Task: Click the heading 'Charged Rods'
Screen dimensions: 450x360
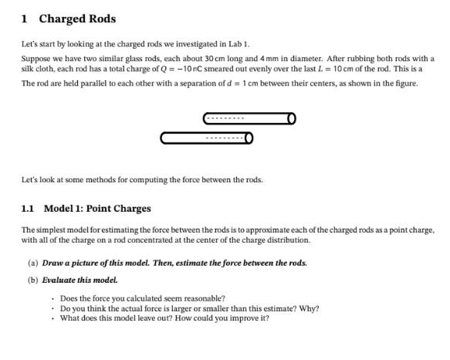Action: coord(77,19)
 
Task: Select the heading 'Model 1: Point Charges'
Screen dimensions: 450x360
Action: coord(97,209)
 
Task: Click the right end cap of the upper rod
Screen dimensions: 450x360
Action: coord(291,118)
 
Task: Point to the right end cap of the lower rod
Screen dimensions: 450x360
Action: coord(249,138)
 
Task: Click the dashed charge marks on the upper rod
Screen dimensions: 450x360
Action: coord(225,118)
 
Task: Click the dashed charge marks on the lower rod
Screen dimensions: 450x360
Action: coord(225,138)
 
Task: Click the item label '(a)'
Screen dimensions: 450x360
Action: coord(32,263)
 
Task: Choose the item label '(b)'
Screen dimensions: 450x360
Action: coord(32,280)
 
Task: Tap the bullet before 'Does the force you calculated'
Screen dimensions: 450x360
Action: coord(52,298)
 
